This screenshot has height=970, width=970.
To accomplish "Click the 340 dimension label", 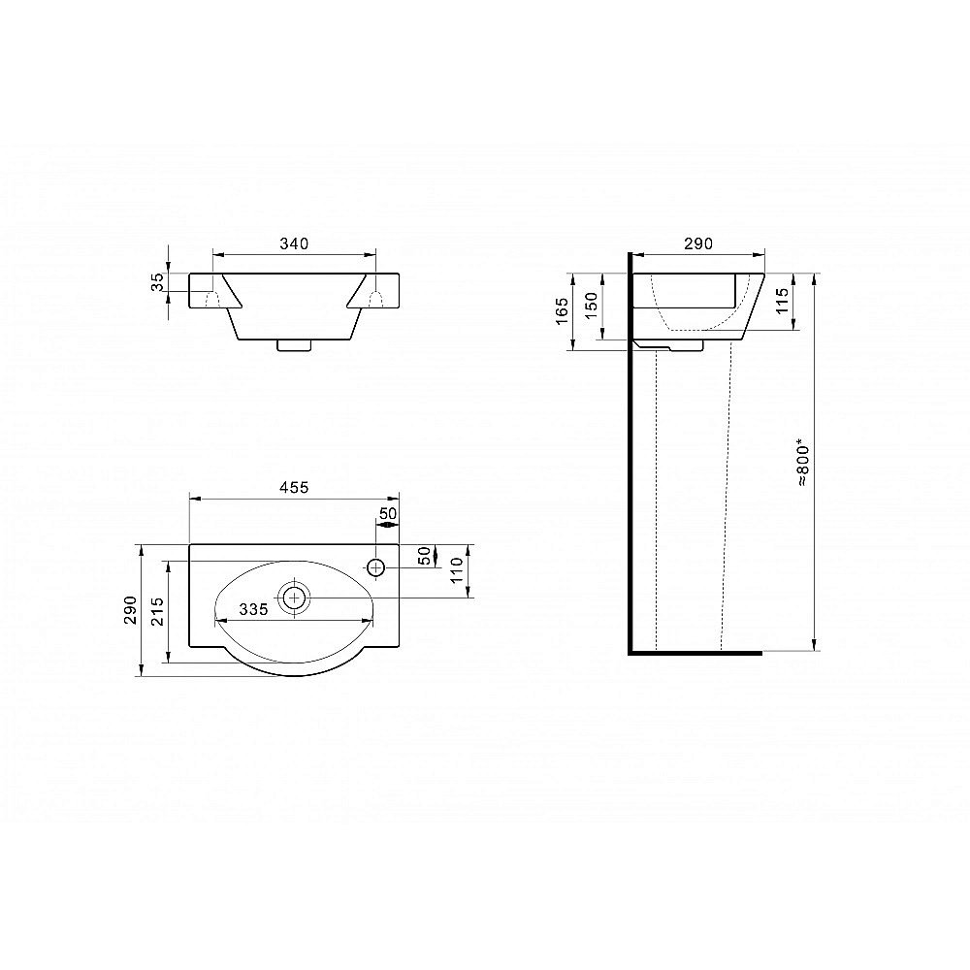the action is click(294, 243).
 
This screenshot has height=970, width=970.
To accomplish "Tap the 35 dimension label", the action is click(159, 282).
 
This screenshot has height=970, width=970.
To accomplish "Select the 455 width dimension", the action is click(294, 488).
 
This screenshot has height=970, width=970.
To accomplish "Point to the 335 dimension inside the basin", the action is click(253, 610).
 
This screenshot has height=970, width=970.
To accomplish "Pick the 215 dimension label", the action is click(157, 612).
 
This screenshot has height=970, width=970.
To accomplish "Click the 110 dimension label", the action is click(457, 570).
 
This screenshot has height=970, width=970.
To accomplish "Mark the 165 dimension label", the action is click(562, 311).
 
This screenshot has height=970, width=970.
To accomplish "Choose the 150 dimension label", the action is click(592, 305).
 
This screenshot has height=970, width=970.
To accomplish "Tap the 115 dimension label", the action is click(783, 302).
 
